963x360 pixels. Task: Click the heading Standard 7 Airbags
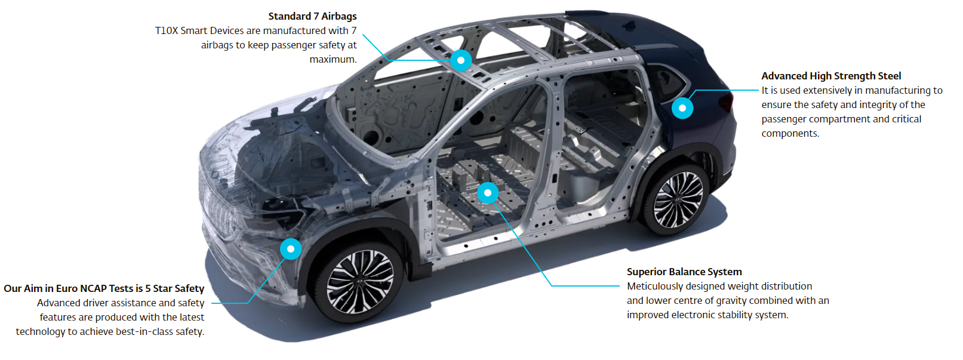click(313, 16)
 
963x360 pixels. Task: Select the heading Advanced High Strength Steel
click(831, 76)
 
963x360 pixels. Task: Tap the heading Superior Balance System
click(684, 272)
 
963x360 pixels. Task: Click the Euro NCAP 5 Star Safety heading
click(104, 288)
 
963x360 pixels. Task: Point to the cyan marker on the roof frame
click(461, 60)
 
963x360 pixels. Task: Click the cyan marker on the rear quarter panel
click(682, 108)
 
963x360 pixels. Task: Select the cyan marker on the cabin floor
click(488, 193)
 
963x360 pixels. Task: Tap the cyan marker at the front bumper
click(291, 249)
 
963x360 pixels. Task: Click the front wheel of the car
click(360, 282)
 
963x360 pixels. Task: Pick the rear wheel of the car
click(678, 199)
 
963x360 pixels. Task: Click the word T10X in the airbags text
click(167, 31)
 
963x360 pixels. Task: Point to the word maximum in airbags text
click(333, 59)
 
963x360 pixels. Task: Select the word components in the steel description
click(790, 134)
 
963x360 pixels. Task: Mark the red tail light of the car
click(727, 102)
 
